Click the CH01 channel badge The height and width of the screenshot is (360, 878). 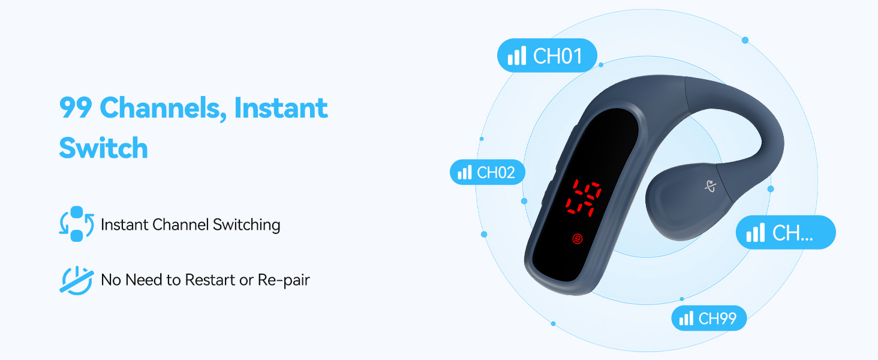[547, 55]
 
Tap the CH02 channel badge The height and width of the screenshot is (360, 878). [488, 172]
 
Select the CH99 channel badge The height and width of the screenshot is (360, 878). [709, 318]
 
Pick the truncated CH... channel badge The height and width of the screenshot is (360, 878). [786, 232]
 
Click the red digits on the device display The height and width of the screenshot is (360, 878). [584, 197]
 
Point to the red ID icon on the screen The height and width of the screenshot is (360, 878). [578, 238]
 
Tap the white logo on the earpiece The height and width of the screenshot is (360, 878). [710, 186]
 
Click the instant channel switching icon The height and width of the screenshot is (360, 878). [76, 224]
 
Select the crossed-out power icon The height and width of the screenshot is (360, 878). [76, 280]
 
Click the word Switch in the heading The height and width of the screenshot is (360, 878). [104, 148]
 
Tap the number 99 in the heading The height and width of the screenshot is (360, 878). [76, 108]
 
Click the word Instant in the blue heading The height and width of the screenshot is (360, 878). [281, 108]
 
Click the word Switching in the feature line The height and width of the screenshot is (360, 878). [246, 225]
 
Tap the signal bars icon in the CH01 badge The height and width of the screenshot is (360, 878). [516, 55]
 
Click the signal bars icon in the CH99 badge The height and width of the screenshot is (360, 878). [686, 318]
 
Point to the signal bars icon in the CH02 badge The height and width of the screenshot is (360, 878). [464, 172]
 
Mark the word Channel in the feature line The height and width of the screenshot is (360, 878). [181, 225]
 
